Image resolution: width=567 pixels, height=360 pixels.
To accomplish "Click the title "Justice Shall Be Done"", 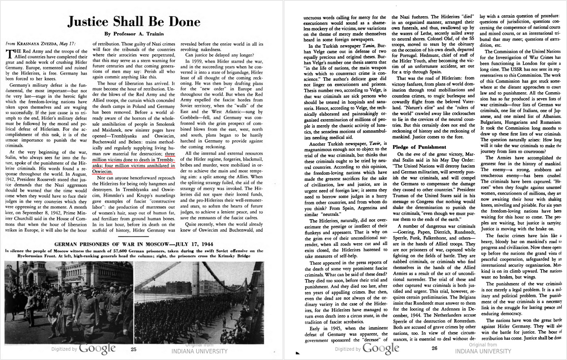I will pyautogui.click(x=134, y=22).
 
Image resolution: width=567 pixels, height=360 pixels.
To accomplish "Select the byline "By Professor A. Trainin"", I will pyautogui.click(x=134, y=34).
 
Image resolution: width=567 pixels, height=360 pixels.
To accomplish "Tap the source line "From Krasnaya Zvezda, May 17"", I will pyautogui.click(x=41, y=44).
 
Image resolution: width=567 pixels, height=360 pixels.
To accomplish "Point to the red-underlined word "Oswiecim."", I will pyautogui.click(x=102, y=171).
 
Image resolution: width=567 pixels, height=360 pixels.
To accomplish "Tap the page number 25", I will pyautogui.click(x=134, y=349).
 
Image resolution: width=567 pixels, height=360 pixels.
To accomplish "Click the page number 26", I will pyautogui.click(x=434, y=348).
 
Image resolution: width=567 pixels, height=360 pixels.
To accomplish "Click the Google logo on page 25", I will pyautogui.click(x=97, y=349).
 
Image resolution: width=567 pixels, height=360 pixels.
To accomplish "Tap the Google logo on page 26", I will pyautogui.click(x=381, y=349).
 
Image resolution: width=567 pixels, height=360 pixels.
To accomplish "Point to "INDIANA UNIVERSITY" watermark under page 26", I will pyautogui.click(x=483, y=351).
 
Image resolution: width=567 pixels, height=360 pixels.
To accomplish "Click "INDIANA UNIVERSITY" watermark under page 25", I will pyautogui.click(x=199, y=351).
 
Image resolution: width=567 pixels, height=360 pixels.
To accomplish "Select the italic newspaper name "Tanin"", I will pyautogui.click(x=369, y=46).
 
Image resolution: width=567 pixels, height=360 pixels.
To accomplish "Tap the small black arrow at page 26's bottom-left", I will pyautogui.click(x=297, y=353).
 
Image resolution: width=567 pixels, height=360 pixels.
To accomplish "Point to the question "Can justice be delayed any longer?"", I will pyautogui.click(x=219, y=55).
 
